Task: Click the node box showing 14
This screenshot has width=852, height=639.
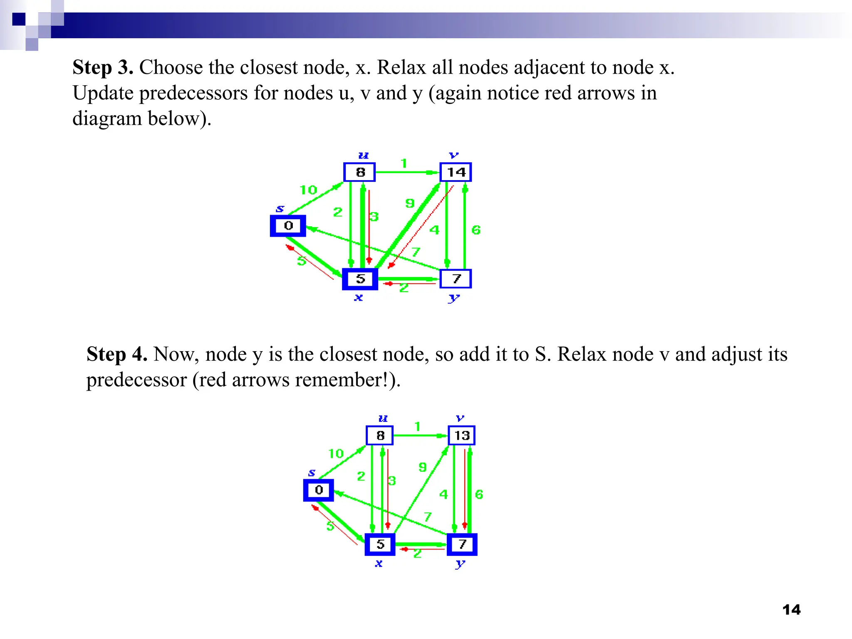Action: pyautogui.click(x=456, y=172)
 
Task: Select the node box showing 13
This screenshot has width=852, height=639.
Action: pyautogui.click(x=461, y=436)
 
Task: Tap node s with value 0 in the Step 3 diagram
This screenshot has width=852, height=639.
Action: pyautogui.click(x=288, y=226)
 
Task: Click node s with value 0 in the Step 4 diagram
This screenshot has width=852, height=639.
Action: pyautogui.click(x=319, y=490)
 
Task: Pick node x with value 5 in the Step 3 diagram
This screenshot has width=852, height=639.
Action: pyautogui.click(x=360, y=279)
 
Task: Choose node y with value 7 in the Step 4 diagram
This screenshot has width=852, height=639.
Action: pyautogui.click(x=462, y=544)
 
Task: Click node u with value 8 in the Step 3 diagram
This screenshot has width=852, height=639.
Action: pyautogui.click(x=360, y=172)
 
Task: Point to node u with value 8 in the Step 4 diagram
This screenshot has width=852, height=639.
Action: pyautogui.click(x=380, y=436)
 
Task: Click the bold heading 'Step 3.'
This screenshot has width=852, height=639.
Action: pyautogui.click(x=103, y=67)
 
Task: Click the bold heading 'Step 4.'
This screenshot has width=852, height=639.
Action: pyautogui.click(x=117, y=354)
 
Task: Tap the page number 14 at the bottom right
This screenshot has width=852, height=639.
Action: pyautogui.click(x=791, y=610)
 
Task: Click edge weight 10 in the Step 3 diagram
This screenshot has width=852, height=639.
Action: pyautogui.click(x=308, y=190)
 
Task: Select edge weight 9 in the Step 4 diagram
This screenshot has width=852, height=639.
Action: pyautogui.click(x=422, y=467)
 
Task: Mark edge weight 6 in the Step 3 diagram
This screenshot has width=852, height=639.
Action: pyautogui.click(x=476, y=230)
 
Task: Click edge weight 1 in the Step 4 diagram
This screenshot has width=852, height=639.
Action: pyautogui.click(x=417, y=426)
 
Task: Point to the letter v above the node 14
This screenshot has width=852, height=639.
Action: pyautogui.click(x=453, y=156)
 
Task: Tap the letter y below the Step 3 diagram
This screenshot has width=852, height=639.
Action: pyautogui.click(x=454, y=298)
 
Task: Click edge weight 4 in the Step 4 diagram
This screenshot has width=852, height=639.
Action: pyautogui.click(x=443, y=494)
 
